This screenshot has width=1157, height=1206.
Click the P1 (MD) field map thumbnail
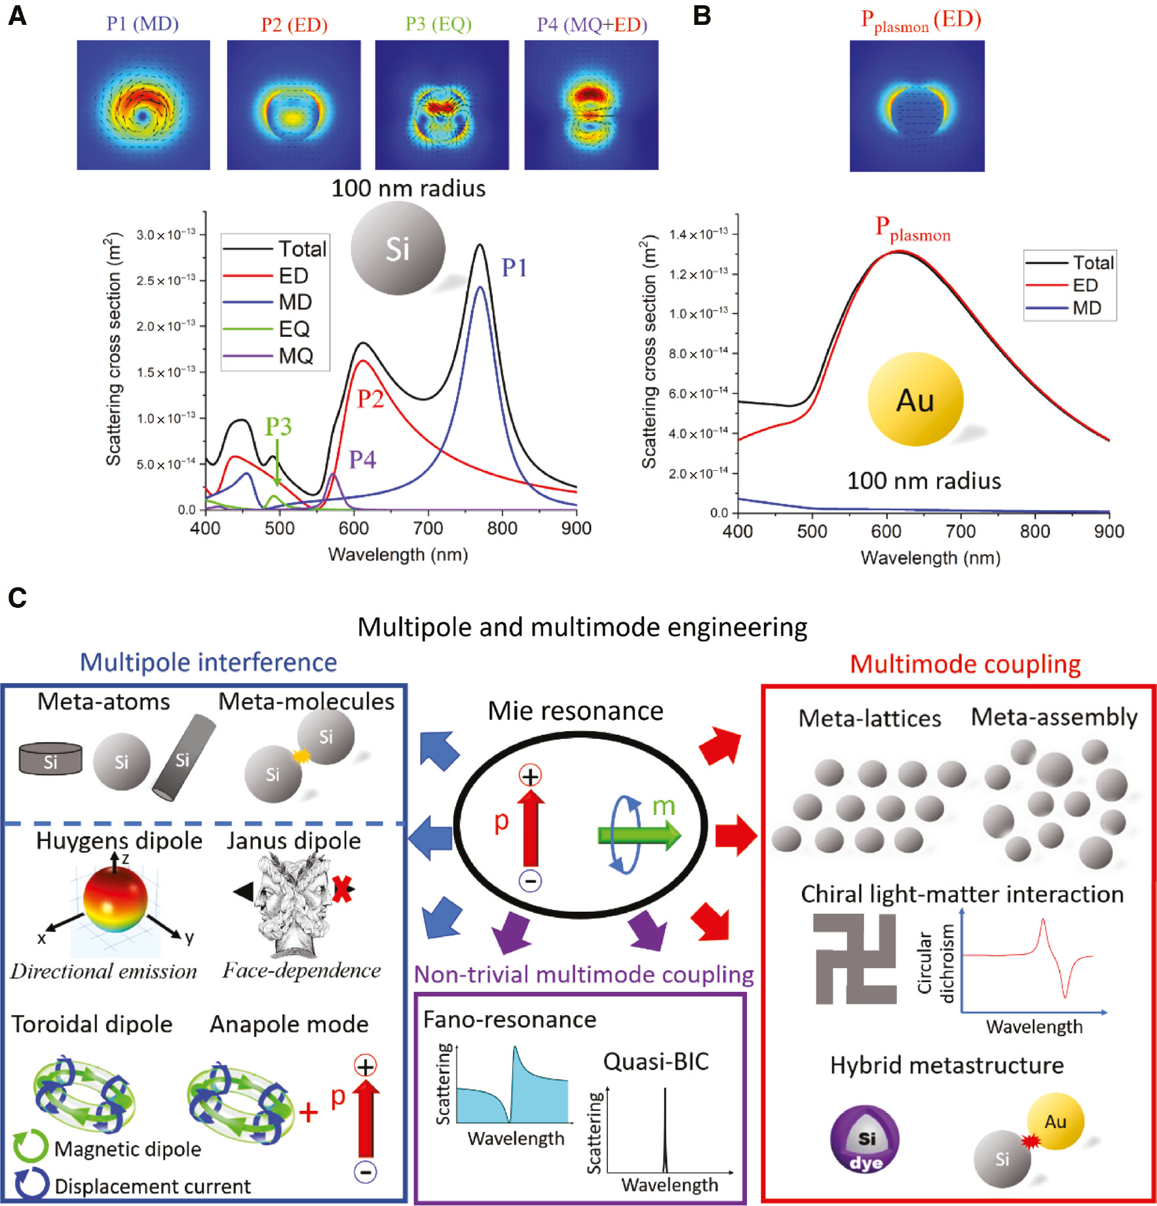coord(143,105)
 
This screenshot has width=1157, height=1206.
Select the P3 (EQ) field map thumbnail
coord(442,105)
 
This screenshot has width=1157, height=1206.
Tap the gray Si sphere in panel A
coord(398,248)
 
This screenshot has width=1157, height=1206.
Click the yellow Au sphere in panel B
coord(915,399)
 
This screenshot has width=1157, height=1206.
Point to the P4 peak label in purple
coord(362,459)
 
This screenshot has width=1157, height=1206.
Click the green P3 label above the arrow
coord(278,426)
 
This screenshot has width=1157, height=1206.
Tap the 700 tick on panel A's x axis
coord(428,528)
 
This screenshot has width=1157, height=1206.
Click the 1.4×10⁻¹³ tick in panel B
coord(698,235)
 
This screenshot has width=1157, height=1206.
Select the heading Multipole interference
coord(208,662)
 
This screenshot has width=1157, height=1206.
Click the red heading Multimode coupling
coord(964,664)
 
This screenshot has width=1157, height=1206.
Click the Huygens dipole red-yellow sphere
coord(115,900)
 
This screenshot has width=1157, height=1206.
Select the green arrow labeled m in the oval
coord(639,836)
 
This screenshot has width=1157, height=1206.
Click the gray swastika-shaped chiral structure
coord(854,958)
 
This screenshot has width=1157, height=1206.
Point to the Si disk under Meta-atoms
coord(50,759)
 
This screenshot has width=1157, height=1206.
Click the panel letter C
coord(17,597)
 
